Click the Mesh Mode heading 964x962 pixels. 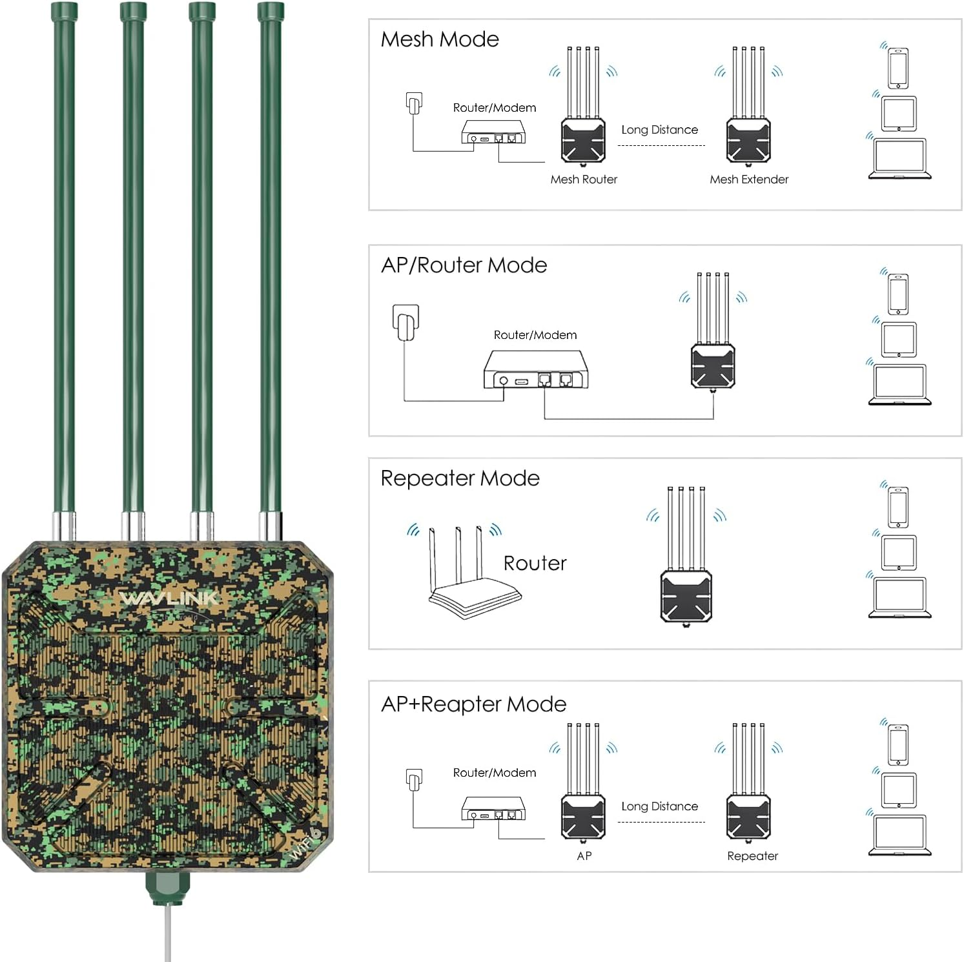coord(440,39)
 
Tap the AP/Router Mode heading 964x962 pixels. coord(464,265)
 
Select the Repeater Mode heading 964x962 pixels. coord(460,478)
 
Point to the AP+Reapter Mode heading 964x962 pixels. coord(473,704)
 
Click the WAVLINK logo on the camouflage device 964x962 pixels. coord(169,599)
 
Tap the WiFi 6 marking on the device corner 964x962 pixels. coord(305,843)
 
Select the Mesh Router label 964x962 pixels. coord(584,179)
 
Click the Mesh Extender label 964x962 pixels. coord(749,179)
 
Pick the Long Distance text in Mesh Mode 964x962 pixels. coord(659,130)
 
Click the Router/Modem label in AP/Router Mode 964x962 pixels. coord(535,335)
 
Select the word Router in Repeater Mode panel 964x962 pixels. coord(535,563)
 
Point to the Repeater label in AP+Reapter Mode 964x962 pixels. coord(752,856)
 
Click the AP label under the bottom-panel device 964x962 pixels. coord(584,856)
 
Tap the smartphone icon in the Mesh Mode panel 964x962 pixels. coord(898,68)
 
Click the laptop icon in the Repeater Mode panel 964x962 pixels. coord(899,598)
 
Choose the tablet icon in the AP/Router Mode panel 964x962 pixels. coord(899,340)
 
